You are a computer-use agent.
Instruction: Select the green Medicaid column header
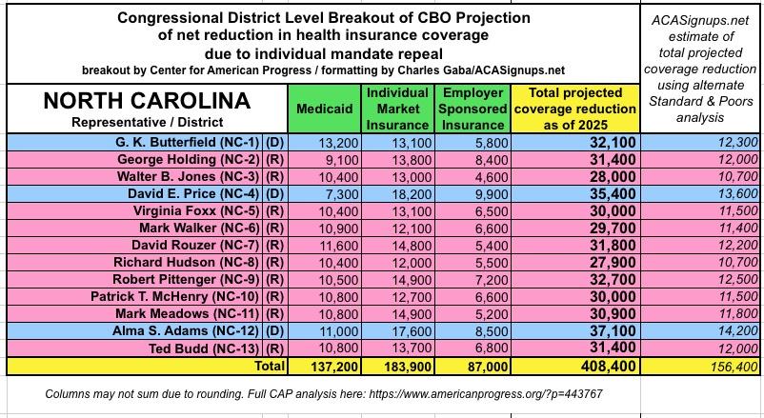325,109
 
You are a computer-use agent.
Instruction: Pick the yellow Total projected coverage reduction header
575,109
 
